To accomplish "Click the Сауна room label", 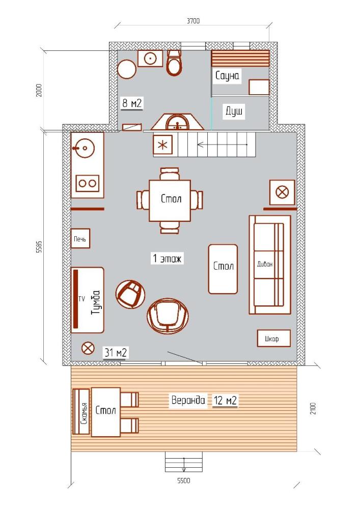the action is click(227, 76).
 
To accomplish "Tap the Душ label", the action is click(234, 111).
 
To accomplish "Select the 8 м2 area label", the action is click(132, 103).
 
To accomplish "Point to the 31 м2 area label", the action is click(115, 352).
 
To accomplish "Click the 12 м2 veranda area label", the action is click(225, 400).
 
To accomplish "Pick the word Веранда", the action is click(188, 400).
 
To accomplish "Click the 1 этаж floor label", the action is click(167, 259).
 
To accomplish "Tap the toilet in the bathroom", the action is click(174, 63).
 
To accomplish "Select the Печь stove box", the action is click(80, 239).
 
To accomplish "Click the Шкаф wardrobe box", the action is click(273, 338).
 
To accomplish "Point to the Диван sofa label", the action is click(265, 264).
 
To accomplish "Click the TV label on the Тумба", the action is click(81, 298).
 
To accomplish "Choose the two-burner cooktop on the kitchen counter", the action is click(87, 183).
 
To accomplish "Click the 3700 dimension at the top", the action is click(193, 21).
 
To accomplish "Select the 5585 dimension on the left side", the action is click(39, 246).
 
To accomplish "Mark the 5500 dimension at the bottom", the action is click(184, 480).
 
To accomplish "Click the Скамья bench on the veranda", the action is click(81, 411).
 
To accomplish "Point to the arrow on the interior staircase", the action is click(222, 145).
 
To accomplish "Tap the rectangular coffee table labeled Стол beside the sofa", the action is click(223, 269).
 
